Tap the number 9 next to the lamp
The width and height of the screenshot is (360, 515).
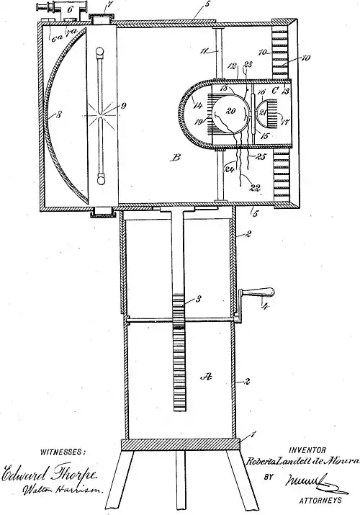pos(125,109)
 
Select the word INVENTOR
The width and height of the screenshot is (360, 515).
pos(307,448)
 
